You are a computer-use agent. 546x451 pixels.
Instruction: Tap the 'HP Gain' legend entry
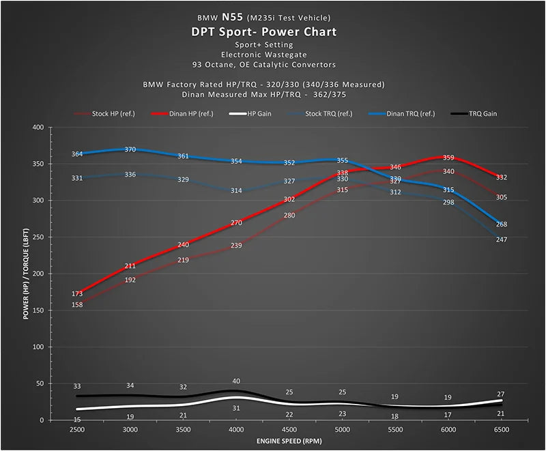click(258, 113)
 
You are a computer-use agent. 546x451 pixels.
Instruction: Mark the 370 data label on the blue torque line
click(130, 149)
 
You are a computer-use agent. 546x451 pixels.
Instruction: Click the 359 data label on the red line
click(448, 158)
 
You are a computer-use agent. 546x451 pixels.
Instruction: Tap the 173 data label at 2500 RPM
click(77, 294)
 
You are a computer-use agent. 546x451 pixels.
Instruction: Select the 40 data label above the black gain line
click(236, 381)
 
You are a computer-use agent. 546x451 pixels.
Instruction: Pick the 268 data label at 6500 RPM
click(502, 224)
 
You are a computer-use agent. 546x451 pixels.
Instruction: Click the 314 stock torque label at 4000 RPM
click(236, 191)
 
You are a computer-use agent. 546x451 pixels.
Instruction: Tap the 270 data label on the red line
click(236, 223)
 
